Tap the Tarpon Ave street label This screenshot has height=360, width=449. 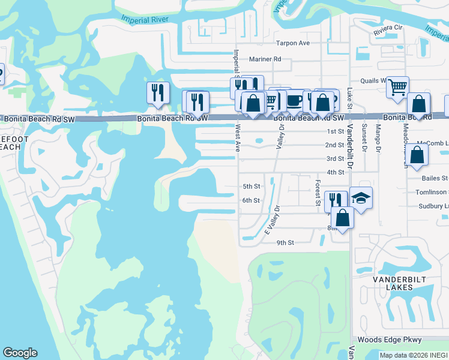(292, 43)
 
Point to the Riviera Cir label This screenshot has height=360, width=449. (388, 28)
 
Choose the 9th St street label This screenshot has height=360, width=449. (285, 242)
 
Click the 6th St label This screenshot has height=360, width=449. (251, 200)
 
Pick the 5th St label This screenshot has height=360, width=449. (251, 187)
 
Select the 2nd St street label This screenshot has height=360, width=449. (334, 145)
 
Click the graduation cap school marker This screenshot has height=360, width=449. (361, 198)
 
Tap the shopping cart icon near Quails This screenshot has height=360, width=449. (397, 88)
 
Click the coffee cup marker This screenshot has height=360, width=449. (294, 100)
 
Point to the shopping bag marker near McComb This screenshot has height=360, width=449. (417, 155)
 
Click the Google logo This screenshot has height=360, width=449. (20, 353)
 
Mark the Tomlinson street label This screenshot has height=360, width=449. (432, 192)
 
